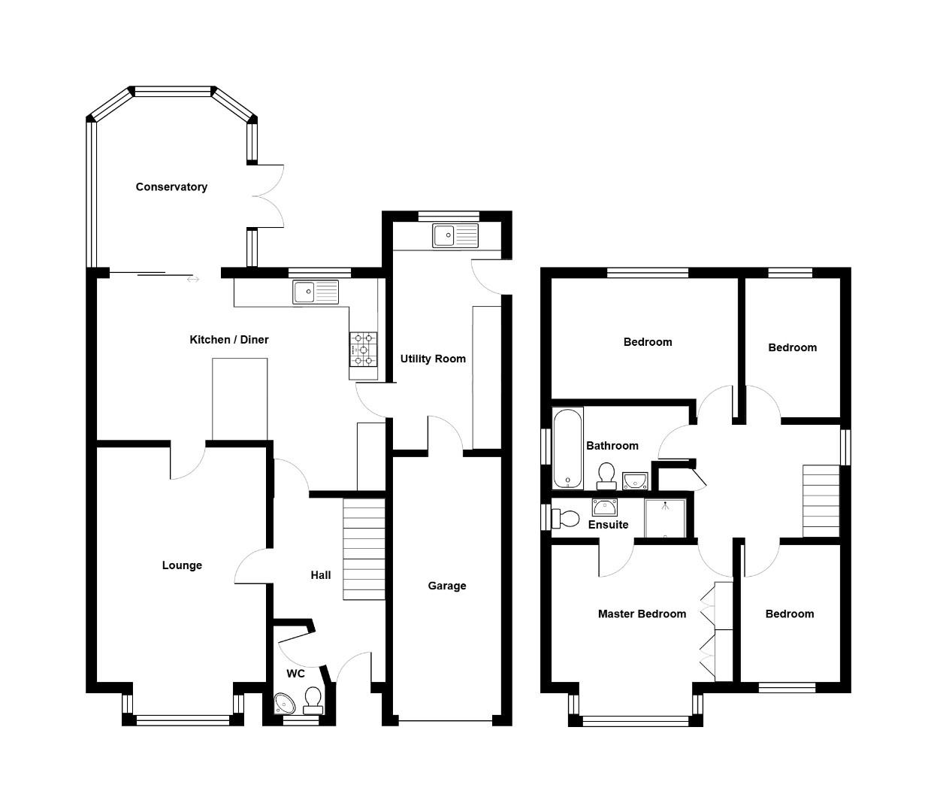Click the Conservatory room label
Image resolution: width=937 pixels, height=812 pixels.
click(x=171, y=187)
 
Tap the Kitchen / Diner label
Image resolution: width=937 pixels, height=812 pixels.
click(x=228, y=340)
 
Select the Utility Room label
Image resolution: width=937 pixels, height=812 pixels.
click(x=433, y=359)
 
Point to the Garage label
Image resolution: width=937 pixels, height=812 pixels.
click(x=447, y=586)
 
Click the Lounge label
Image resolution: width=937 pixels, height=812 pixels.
click(x=182, y=565)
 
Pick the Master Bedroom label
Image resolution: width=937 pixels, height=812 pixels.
click(x=642, y=614)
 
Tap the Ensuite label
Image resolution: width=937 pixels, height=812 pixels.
click(x=608, y=525)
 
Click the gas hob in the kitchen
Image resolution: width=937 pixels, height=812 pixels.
click(x=363, y=350)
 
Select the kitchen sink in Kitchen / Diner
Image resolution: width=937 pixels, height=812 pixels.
click(x=316, y=292)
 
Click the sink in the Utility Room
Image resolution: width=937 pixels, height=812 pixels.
click(x=455, y=235)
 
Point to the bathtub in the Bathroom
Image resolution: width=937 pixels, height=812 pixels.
click(x=567, y=448)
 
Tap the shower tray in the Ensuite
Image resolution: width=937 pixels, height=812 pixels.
click(x=665, y=518)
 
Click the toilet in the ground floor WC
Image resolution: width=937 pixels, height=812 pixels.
click(x=313, y=701)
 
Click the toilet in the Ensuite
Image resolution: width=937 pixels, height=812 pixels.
click(x=566, y=519)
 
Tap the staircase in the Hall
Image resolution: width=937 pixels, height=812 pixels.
click(x=364, y=549)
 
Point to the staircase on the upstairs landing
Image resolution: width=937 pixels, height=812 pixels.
click(x=821, y=501)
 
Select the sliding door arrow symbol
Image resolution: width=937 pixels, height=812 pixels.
click(x=194, y=280)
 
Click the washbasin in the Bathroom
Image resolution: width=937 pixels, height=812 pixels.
click(x=635, y=479)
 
